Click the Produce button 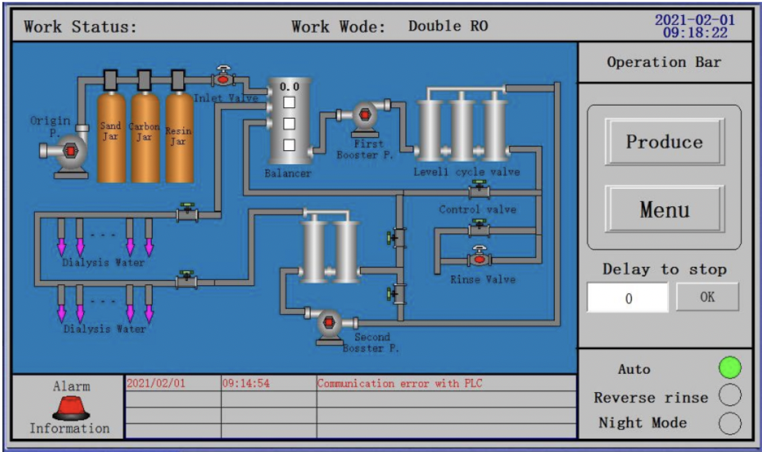pyautogui.click(x=664, y=142)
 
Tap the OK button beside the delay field pyautogui.click(x=707, y=297)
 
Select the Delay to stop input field pyautogui.click(x=628, y=297)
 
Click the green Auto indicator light pyautogui.click(x=729, y=368)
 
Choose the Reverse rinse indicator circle pyautogui.click(x=729, y=396)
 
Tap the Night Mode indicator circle pyautogui.click(x=729, y=423)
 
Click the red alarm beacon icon pyautogui.click(x=71, y=408)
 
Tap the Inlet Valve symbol pyautogui.click(x=223, y=77)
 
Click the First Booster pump pyautogui.click(x=364, y=115)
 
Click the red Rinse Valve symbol pyautogui.click(x=479, y=257)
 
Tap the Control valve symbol pyautogui.click(x=479, y=191)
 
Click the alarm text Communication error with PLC pyautogui.click(x=399, y=383)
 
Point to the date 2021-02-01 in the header pyautogui.click(x=695, y=20)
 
